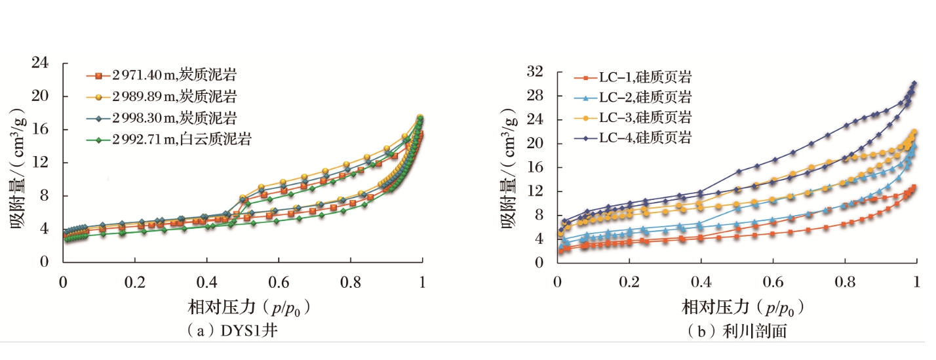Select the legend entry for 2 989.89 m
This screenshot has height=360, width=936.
point(168,97)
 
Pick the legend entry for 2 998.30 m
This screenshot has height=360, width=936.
point(168,118)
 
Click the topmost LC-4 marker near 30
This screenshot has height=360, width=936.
point(913,84)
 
